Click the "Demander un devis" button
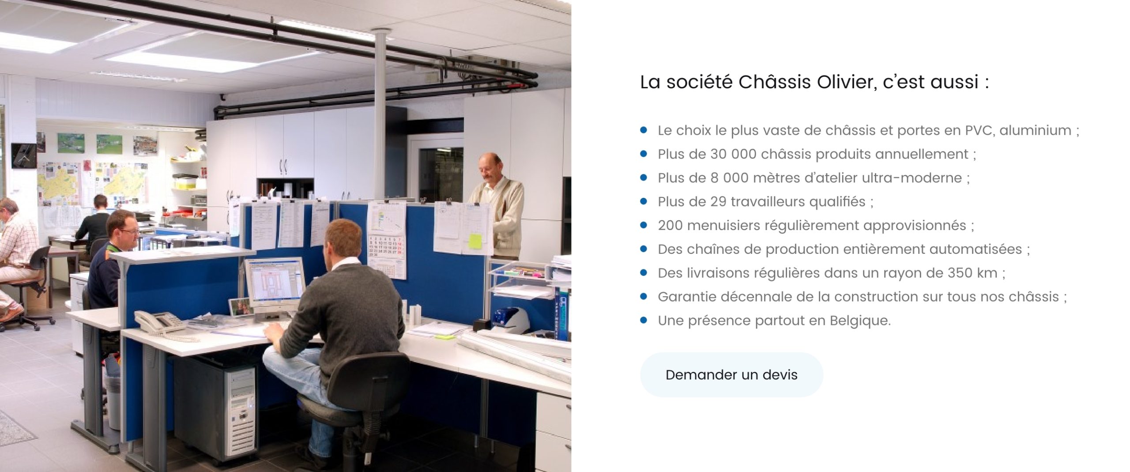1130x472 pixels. (x=731, y=374)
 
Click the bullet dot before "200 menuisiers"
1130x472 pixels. (x=644, y=225)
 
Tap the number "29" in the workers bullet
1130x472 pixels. (x=718, y=202)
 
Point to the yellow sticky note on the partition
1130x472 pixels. (x=475, y=241)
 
